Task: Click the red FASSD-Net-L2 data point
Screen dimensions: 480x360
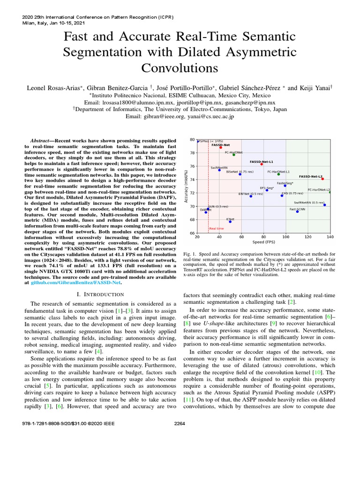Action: pos(322,179)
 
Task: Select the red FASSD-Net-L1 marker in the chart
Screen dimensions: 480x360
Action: pos(262,164)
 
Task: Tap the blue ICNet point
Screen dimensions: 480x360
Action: pos(230,221)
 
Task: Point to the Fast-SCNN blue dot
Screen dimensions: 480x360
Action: pos(297,211)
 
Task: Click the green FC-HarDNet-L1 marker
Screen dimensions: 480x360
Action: pos(278,174)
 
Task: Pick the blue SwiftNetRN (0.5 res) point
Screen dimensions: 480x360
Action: pos(324,205)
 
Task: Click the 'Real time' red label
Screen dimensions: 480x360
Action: pos(217,228)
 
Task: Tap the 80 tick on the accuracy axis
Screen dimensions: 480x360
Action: pos(192,140)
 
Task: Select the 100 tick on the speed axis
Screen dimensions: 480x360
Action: pos(286,238)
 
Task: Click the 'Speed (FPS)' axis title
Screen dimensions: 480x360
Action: pos(263,243)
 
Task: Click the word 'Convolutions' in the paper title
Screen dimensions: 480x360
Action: pos(180,68)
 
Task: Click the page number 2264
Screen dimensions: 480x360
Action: pos(180,465)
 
